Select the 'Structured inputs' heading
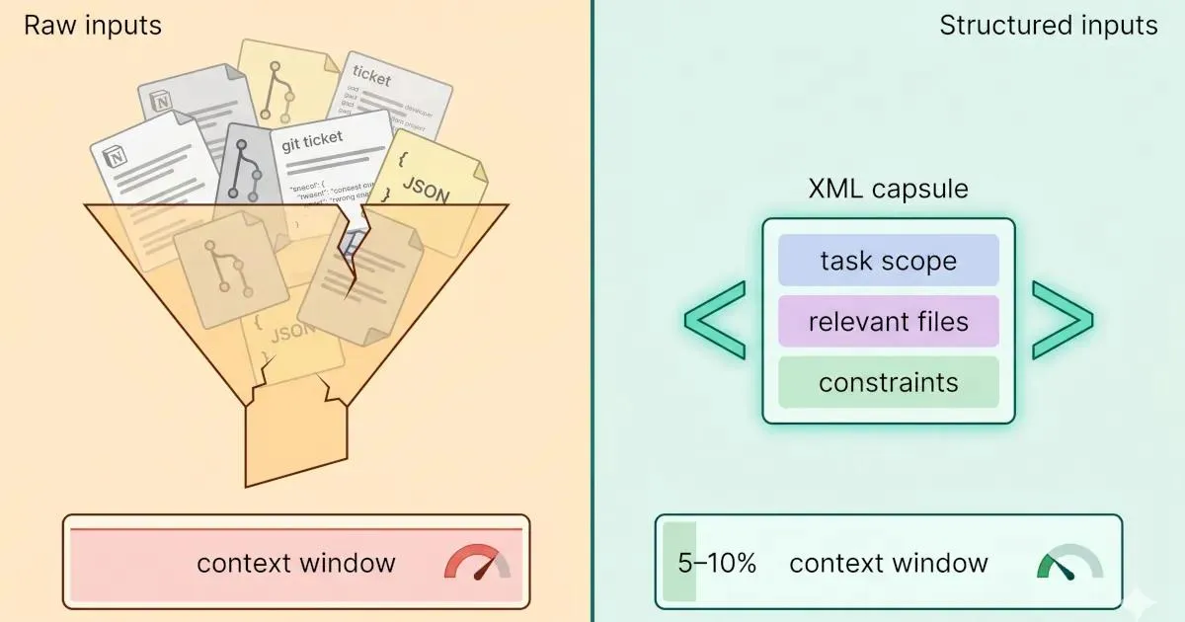(x=1048, y=26)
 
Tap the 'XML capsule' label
(x=888, y=189)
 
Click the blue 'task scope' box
(x=888, y=261)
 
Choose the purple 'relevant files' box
(x=888, y=322)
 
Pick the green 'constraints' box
(x=888, y=382)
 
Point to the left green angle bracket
(x=714, y=320)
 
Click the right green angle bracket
(x=1063, y=320)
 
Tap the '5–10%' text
(x=717, y=563)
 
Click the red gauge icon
(x=477, y=563)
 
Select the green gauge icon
(x=1069, y=563)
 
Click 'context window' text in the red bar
(x=296, y=563)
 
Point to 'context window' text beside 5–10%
(x=889, y=563)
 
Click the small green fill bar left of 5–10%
(x=678, y=561)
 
